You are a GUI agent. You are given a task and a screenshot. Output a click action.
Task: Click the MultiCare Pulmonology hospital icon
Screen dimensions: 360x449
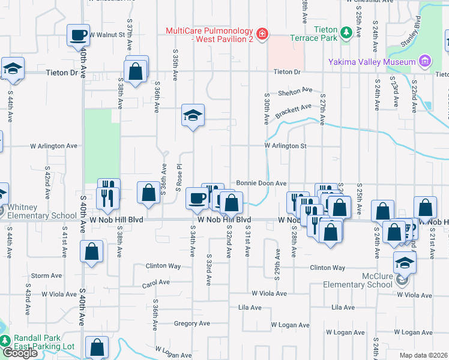tap(261, 34)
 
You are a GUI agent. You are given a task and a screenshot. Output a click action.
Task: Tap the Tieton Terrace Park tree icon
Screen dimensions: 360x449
tap(346, 34)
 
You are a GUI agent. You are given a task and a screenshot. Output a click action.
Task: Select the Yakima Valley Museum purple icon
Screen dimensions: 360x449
tap(425, 61)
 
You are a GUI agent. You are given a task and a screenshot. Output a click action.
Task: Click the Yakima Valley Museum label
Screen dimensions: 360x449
tap(372, 62)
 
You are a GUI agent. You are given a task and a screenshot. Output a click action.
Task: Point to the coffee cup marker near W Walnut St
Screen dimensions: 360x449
tap(78, 35)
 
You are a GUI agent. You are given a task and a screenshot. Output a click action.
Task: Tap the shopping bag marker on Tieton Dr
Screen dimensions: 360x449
tap(136, 71)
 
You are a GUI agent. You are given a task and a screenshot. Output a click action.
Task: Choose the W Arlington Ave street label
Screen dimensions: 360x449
tap(54, 146)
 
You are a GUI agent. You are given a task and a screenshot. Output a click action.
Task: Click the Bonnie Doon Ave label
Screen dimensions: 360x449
tap(261, 183)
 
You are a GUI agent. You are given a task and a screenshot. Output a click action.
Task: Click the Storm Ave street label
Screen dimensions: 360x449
tap(46, 276)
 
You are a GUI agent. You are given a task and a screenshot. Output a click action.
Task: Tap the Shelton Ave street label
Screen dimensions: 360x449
tap(295, 92)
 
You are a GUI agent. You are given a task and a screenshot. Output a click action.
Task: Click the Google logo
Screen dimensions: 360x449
tap(20, 353)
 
